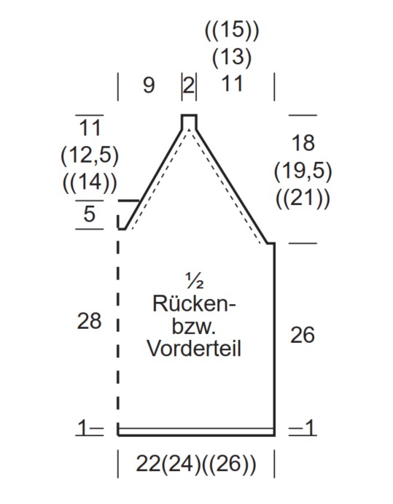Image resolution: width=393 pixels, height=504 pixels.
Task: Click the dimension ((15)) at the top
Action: [232, 31]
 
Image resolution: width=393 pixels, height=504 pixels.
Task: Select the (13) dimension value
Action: [232, 57]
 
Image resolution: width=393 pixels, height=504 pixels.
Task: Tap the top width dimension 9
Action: [149, 85]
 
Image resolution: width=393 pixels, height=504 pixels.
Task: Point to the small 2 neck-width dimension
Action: [190, 85]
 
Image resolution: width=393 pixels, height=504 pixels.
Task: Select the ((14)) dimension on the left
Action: [90, 182]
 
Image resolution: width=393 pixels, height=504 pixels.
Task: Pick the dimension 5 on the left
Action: [90, 214]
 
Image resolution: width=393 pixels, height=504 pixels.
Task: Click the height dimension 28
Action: [89, 321]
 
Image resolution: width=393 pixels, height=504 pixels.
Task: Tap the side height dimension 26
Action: [302, 336]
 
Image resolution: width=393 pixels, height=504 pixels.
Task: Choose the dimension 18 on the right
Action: [303, 143]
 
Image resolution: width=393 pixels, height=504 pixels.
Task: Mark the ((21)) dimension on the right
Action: [303, 198]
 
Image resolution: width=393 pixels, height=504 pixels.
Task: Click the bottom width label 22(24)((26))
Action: [196, 464]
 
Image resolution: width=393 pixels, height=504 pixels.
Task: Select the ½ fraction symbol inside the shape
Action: [195, 280]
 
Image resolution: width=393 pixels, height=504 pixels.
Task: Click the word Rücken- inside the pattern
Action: [194, 303]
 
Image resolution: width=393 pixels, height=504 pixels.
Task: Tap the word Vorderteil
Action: [194, 349]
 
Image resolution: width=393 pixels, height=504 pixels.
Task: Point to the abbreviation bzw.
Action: [193, 326]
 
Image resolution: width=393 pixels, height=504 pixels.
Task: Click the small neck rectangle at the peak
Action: [189, 122]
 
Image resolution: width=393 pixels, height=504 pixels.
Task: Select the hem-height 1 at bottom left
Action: [82, 428]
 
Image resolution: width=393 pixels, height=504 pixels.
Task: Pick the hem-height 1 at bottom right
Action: [310, 428]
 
